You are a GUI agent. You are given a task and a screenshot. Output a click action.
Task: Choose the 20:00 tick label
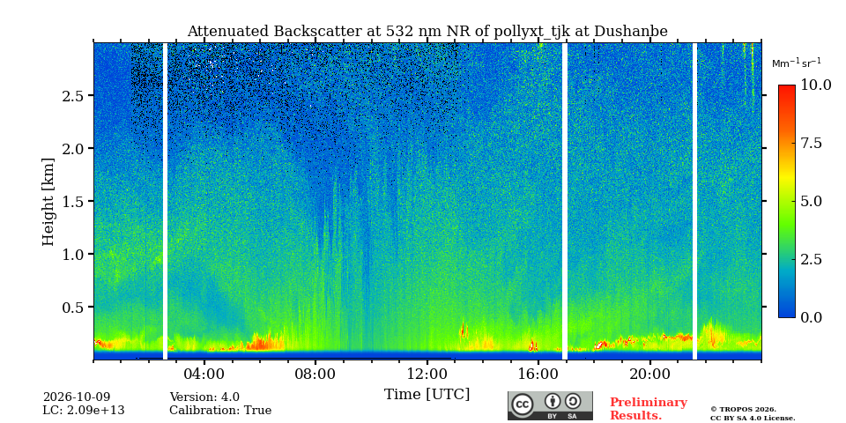(649, 374)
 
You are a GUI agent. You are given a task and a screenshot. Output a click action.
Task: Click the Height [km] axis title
(48, 202)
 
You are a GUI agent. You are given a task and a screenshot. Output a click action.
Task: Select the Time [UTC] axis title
(427, 395)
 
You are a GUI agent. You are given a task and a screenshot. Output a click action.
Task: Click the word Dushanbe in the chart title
(631, 32)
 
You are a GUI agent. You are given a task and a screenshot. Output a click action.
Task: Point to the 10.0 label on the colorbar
(815, 85)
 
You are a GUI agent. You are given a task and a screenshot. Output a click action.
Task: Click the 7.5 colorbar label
(811, 143)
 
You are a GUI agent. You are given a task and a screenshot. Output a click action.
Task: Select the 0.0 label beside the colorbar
(811, 317)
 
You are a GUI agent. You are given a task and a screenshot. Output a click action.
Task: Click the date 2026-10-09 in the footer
(77, 397)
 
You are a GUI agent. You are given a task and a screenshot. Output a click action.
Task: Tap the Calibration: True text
(220, 411)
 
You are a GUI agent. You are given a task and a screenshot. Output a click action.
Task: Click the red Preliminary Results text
(649, 409)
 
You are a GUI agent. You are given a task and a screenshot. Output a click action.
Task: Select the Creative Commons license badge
(550, 405)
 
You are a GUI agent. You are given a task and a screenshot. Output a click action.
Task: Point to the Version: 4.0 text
(204, 397)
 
